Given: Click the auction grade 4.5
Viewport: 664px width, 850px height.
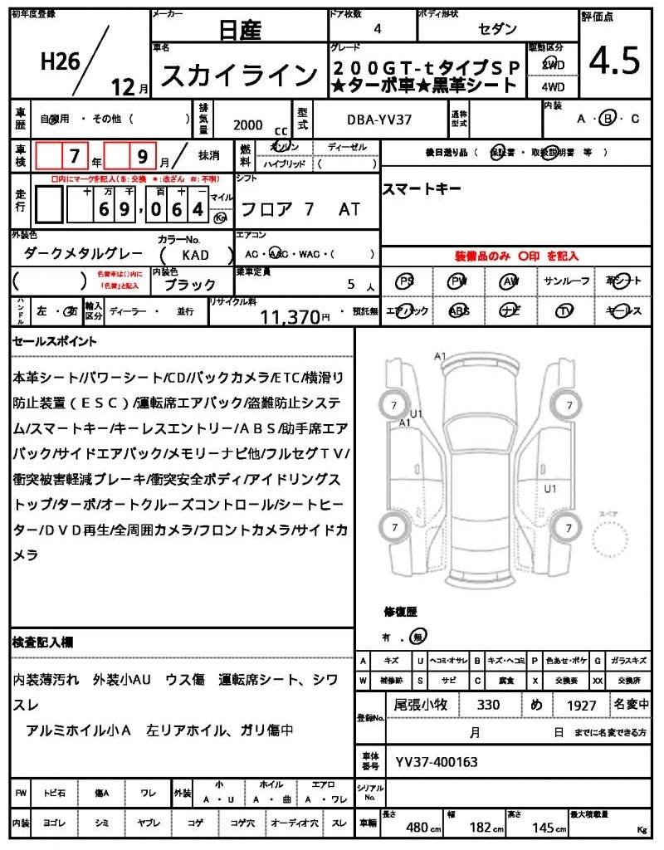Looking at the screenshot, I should [614, 61].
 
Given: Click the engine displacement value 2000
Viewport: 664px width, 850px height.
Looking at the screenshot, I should [248, 125].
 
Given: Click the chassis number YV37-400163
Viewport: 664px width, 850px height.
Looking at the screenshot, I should [437, 761].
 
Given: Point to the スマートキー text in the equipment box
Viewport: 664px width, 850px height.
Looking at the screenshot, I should [421, 189].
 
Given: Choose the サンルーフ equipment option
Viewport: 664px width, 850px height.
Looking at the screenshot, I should [567, 281].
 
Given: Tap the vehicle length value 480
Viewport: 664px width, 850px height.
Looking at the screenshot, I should [417, 827].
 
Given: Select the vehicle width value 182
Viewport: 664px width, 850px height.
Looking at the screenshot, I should [481, 827].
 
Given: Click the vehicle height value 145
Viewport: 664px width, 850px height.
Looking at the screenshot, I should [544, 827].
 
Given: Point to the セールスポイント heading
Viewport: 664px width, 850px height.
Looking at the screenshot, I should [55, 341].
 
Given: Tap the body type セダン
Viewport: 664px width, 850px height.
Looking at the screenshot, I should [496, 29].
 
